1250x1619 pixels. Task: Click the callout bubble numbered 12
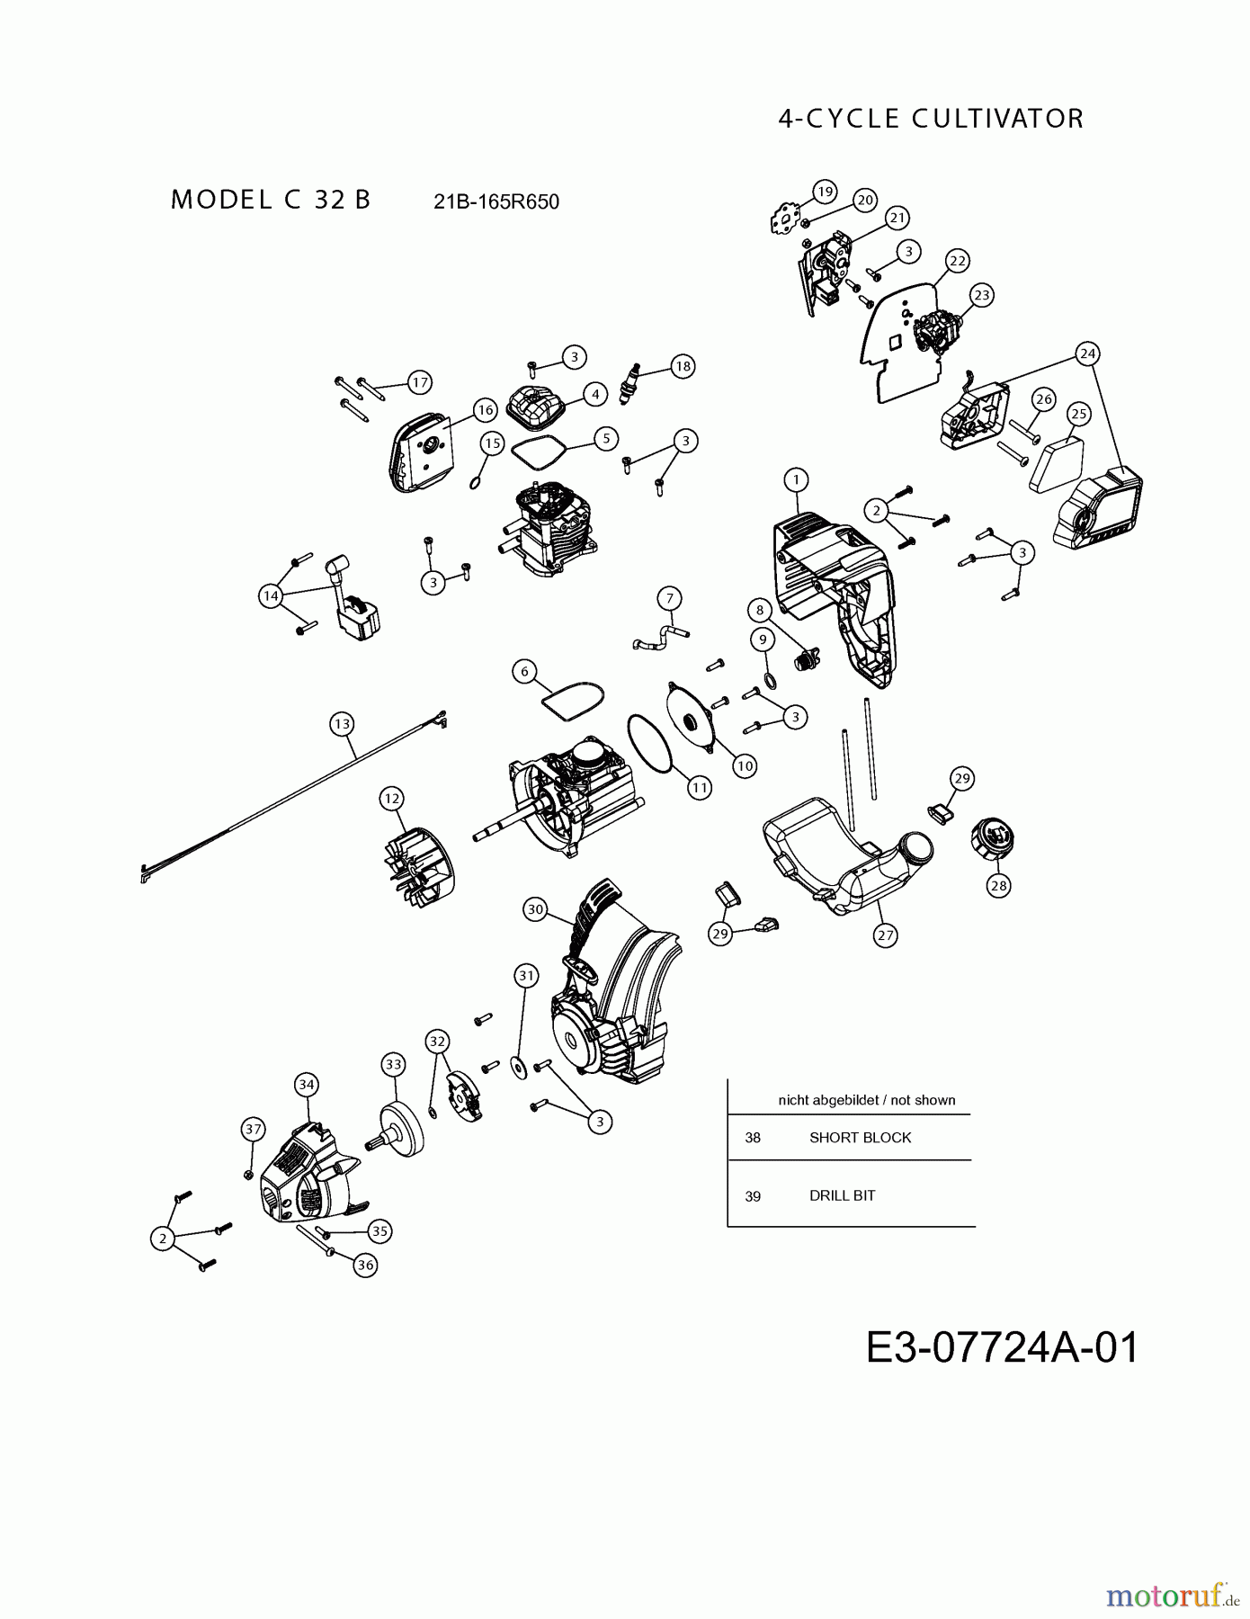point(391,799)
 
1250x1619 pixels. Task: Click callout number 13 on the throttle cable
point(342,724)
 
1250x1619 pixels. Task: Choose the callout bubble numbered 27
point(886,935)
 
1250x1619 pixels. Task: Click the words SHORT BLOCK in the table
point(860,1138)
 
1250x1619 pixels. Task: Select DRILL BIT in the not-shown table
point(842,1195)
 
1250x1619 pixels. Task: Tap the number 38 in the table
point(753,1138)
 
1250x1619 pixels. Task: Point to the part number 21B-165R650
point(496,201)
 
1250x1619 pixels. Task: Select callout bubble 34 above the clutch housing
point(307,1085)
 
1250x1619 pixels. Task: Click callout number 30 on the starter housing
point(536,910)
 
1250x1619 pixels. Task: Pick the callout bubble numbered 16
point(486,410)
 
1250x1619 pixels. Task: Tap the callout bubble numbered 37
point(254,1129)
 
